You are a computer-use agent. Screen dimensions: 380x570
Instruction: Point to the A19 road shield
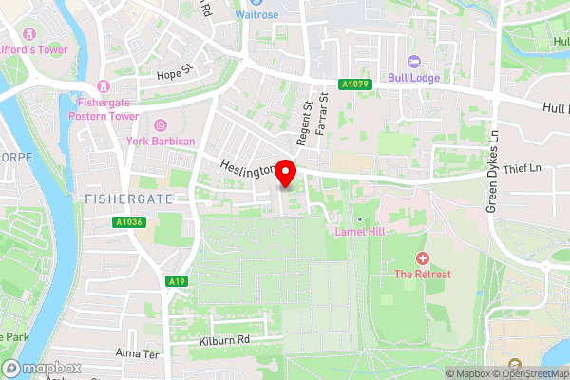(x=175, y=281)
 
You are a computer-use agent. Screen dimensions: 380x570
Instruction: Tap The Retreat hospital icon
(x=423, y=258)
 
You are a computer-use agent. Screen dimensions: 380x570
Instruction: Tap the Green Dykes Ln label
(x=492, y=171)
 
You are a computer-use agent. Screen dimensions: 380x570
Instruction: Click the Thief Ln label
(x=522, y=168)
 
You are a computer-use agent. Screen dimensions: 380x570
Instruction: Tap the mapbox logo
(x=42, y=368)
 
